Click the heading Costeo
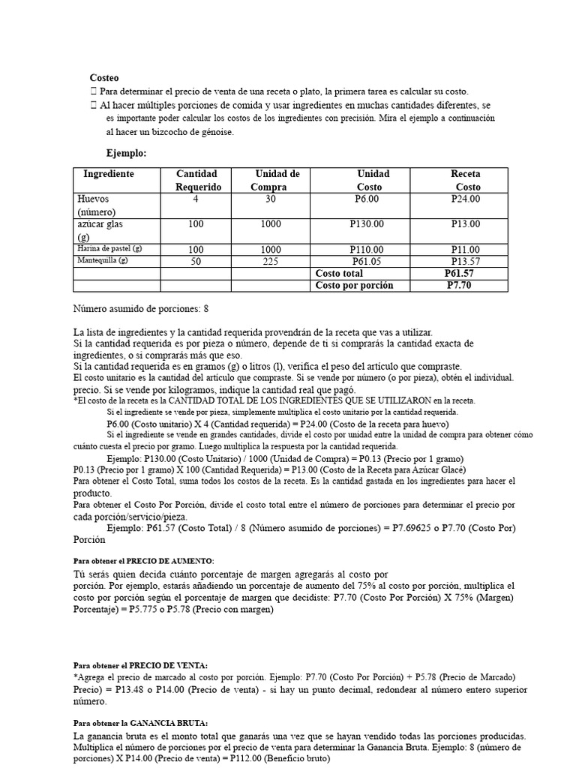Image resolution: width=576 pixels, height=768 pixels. [104, 77]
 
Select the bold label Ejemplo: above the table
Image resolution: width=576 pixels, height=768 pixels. [126, 153]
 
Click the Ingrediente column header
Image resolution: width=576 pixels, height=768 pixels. [109, 174]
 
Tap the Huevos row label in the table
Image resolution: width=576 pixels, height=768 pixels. [93, 199]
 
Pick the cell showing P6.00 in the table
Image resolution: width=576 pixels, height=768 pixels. [367, 199]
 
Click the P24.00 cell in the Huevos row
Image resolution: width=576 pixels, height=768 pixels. [465, 199]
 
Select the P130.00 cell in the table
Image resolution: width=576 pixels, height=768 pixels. [367, 224]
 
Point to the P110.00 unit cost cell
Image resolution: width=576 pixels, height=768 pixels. [367, 250]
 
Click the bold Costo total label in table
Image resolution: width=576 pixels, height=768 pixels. [339, 274]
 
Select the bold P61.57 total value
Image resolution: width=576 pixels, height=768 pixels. [459, 274]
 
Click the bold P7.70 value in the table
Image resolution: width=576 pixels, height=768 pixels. [459, 285]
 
